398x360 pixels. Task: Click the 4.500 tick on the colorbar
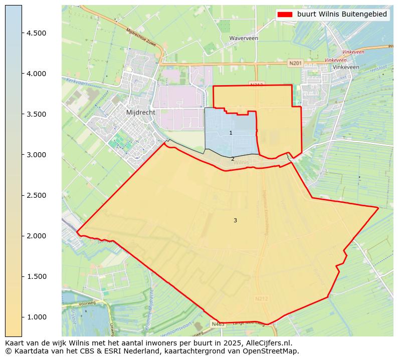click(37, 33)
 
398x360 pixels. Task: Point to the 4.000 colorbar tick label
click(37, 74)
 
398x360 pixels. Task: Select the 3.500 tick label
click(37, 114)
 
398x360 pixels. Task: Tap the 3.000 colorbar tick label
click(37, 155)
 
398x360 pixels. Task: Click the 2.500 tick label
click(37, 195)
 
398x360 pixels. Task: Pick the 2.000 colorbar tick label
click(37, 236)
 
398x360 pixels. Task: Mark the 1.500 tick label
click(37, 276)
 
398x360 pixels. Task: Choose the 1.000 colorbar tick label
click(37, 317)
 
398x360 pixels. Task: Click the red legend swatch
click(285, 15)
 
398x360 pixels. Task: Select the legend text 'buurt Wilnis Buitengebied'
click(342, 15)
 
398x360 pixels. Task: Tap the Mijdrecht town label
click(141, 113)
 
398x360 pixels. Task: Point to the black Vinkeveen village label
click(346, 67)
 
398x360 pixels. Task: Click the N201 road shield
click(296, 63)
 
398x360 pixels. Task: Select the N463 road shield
click(218, 324)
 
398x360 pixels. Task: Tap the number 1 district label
click(231, 133)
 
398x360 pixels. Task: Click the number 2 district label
click(233, 159)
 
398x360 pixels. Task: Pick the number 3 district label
click(235, 221)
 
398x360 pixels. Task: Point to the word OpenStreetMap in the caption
click(275, 351)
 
